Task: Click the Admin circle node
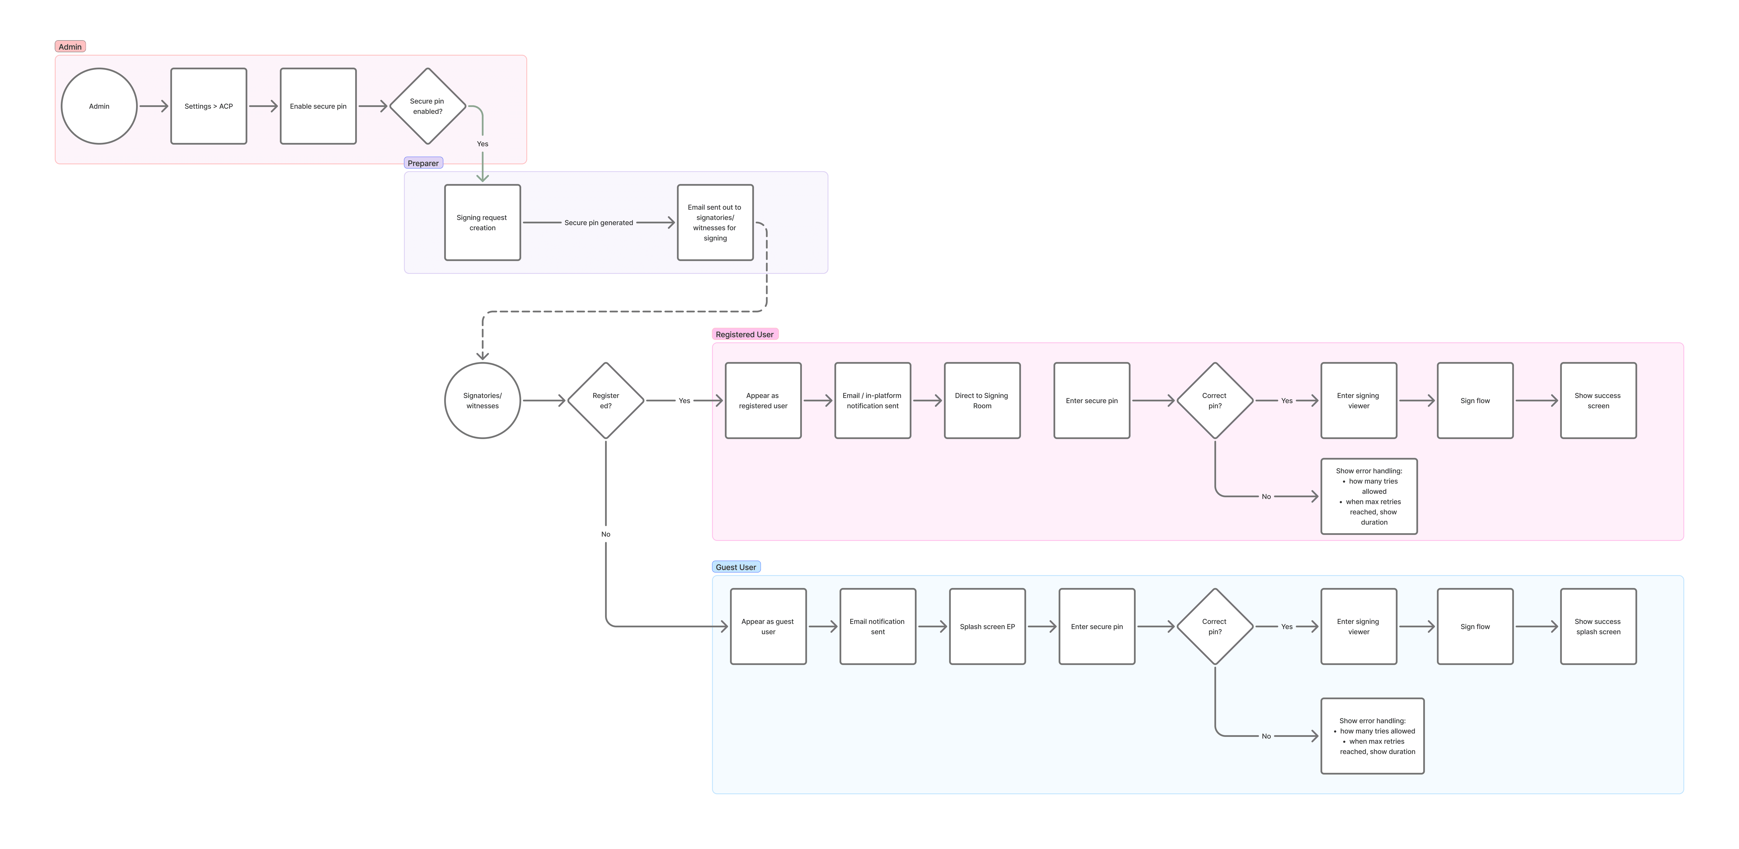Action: coord(99,106)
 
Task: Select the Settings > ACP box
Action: coord(209,106)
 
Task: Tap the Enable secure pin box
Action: coord(318,106)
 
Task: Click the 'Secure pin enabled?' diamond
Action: coord(427,106)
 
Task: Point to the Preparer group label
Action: coord(423,163)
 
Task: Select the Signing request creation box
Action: coord(482,223)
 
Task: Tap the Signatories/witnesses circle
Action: coord(482,401)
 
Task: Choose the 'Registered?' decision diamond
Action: coord(605,401)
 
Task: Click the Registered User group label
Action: coord(745,334)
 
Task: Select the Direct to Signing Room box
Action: coord(982,401)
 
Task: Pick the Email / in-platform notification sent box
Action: coord(872,401)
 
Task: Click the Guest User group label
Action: coord(736,567)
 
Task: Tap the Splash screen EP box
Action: coord(987,626)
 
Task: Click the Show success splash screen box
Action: coord(1598,626)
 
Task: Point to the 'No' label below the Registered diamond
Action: coord(605,534)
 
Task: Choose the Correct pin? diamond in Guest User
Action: coord(1214,626)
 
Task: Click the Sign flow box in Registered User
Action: coord(1475,401)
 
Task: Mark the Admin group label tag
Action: coord(70,47)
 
